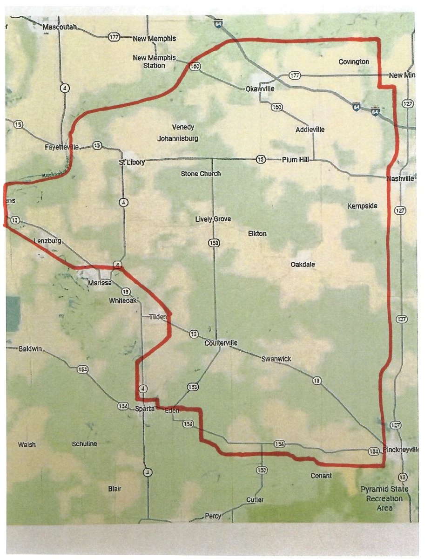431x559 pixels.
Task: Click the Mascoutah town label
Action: click(x=59, y=27)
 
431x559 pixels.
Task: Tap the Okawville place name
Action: click(x=260, y=89)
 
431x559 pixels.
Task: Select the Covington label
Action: click(x=354, y=62)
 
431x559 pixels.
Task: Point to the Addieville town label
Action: click(x=310, y=130)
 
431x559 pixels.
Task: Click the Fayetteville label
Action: click(x=63, y=147)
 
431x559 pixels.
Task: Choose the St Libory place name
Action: click(x=132, y=162)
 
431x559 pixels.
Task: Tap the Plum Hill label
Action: click(x=296, y=159)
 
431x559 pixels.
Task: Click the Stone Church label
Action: click(x=201, y=174)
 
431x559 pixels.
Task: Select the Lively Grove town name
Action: click(x=213, y=219)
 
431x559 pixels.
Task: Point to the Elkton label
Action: click(x=257, y=233)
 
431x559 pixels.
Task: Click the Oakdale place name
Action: click(x=303, y=265)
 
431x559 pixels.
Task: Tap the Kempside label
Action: click(x=363, y=206)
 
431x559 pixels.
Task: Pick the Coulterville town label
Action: click(x=221, y=343)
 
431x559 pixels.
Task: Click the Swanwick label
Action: click(x=276, y=359)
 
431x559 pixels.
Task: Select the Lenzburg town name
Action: click(x=47, y=241)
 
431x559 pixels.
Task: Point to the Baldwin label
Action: click(x=30, y=348)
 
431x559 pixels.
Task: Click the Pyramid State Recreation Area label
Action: click(x=384, y=498)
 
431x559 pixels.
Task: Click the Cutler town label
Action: click(x=255, y=500)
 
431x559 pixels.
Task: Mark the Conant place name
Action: click(x=321, y=476)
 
